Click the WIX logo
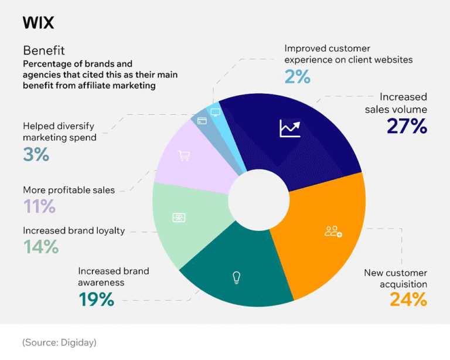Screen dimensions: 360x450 click(38, 23)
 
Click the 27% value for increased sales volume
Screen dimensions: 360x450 click(407, 126)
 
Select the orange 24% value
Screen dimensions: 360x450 click(408, 299)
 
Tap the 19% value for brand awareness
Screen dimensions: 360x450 click(96, 299)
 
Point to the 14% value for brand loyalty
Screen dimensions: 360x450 click(41, 247)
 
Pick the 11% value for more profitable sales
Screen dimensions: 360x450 click(39, 206)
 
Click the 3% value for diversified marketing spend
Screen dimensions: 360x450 click(36, 154)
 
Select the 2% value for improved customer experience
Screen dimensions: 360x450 click(297, 76)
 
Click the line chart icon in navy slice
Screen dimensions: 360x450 click(289, 128)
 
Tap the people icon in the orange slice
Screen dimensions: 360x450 click(333, 231)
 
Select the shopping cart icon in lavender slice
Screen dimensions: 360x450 click(184, 156)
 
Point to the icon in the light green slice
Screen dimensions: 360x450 click(179, 218)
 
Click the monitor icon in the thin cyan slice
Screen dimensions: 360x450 click(215, 111)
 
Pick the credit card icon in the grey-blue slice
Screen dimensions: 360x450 click(202, 121)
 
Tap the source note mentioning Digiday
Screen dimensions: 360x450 click(59, 342)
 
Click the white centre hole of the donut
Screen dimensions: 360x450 click(251, 198)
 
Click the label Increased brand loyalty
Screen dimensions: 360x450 click(74, 230)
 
